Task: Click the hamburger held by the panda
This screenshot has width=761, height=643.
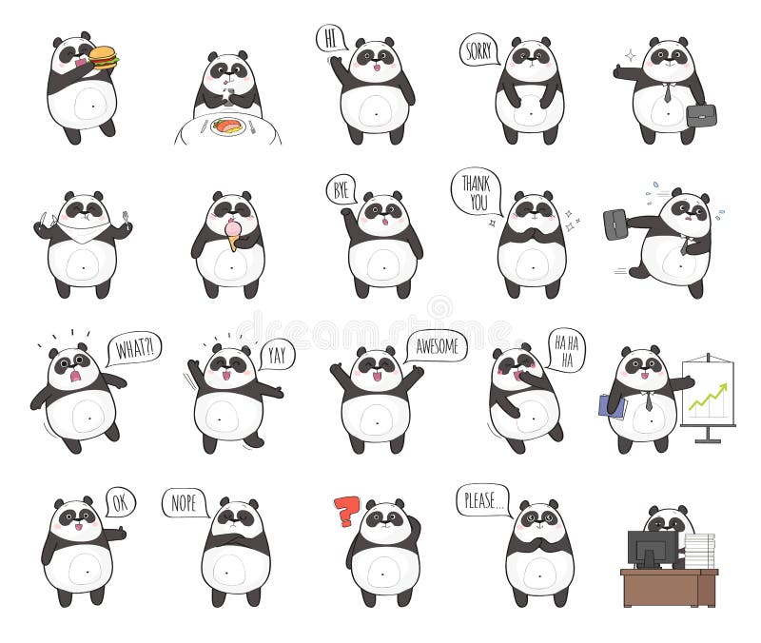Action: [x=103, y=58]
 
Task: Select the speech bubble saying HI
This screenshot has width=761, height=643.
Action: [x=331, y=39]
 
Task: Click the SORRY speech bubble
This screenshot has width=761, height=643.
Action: [x=478, y=49]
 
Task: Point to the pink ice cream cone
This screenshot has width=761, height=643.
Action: [x=233, y=234]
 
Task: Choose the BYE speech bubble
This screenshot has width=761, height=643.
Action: [x=341, y=189]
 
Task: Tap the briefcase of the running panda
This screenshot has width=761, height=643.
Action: [x=615, y=224]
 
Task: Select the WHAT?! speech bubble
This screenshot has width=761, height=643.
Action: [x=133, y=348]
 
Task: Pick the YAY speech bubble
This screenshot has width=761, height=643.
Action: [x=276, y=354]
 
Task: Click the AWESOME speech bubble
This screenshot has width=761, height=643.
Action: [x=437, y=345]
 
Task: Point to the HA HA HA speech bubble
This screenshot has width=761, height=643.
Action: [x=565, y=349]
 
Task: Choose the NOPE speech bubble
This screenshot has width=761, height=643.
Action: [x=185, y=502]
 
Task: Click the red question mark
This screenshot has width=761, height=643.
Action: [x=347, y=511]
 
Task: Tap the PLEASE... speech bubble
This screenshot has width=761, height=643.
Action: [x=483, y=499]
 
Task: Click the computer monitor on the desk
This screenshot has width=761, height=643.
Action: [x=652, y=548]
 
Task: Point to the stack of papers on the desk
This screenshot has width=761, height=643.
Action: [x=699, y=551]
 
